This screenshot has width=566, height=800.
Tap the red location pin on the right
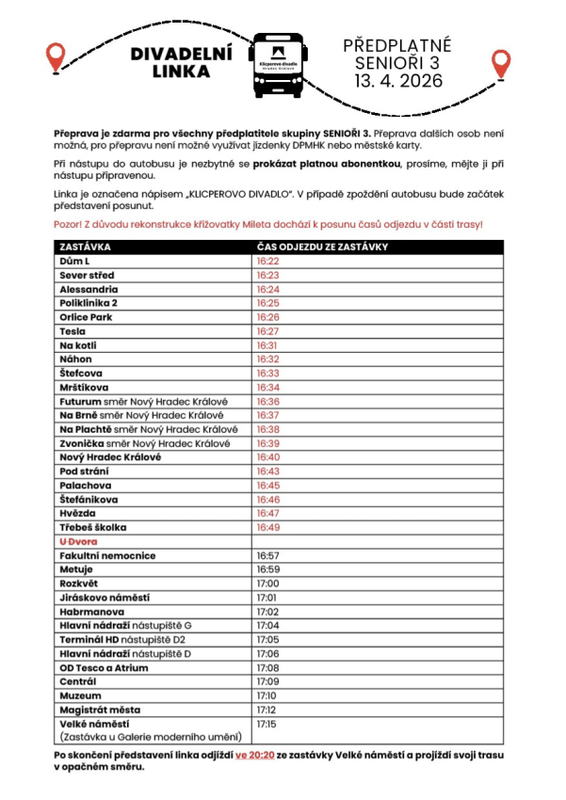tap(501, 65)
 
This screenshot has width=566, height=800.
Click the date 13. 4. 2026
tap(397, 82)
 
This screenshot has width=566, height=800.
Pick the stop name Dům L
tap(74, 261)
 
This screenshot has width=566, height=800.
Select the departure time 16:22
tap(268, 261)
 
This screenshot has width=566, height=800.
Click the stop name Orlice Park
tap(86, 317)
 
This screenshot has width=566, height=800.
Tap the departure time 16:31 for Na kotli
tap(268, 345)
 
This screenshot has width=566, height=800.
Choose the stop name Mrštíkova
tap(85, 387)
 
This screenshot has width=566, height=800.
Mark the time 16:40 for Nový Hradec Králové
tap(268, 457)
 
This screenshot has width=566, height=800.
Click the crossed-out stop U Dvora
tap(79, 542)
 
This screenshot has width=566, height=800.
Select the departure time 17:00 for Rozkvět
tap(267, 584)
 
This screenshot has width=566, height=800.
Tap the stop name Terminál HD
tap(91, 640)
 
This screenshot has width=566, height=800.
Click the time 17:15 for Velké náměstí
tap(267, 725)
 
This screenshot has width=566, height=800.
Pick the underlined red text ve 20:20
tap(255, 755)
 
